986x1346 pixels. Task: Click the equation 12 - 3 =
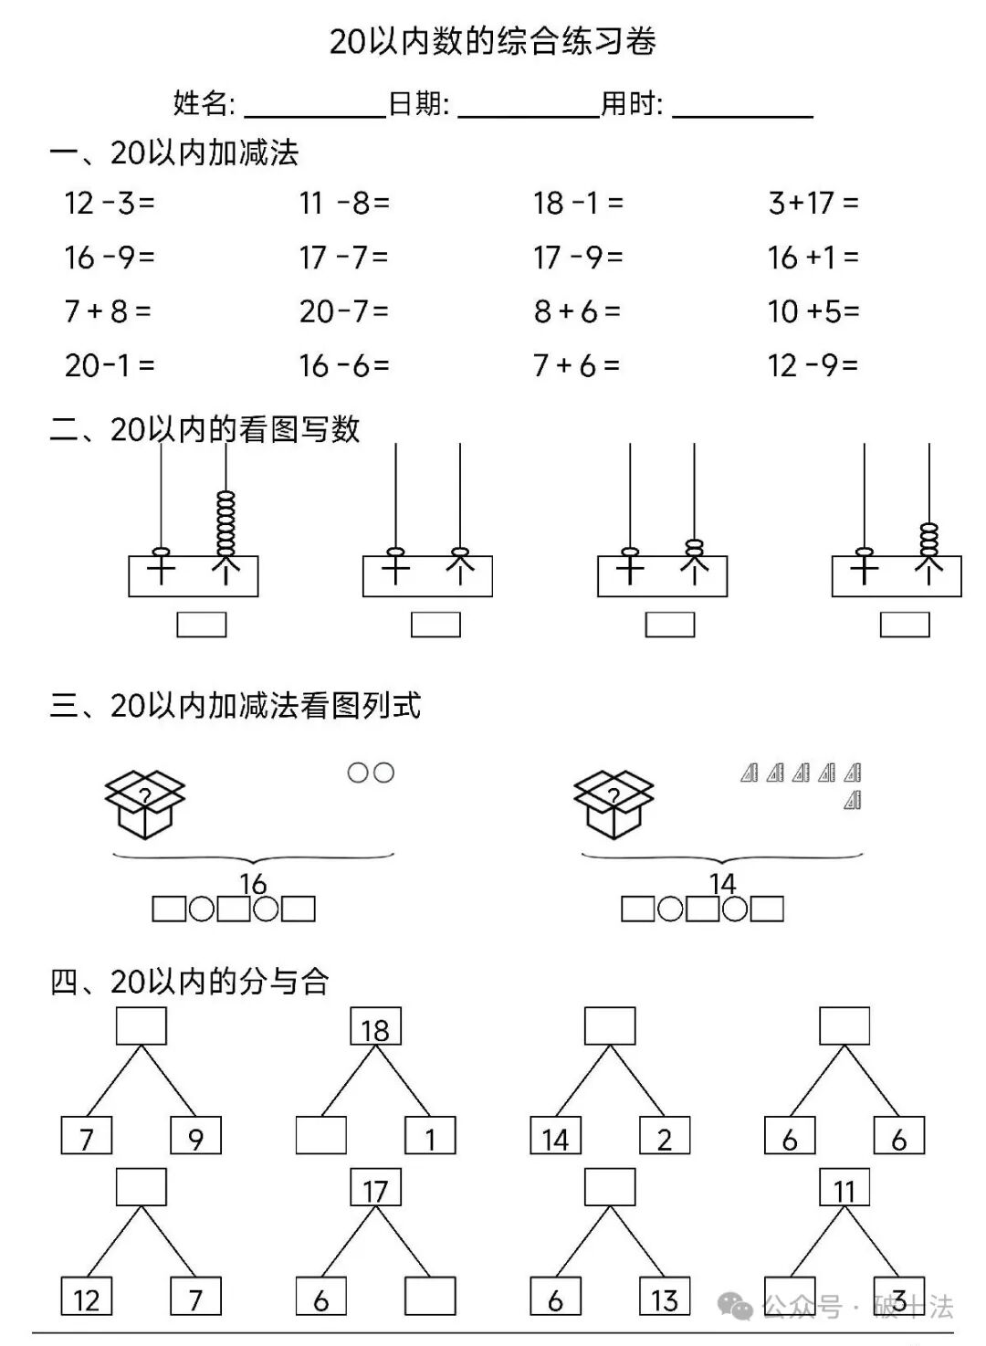(110, 203)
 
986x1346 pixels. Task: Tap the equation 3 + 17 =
(813, 203)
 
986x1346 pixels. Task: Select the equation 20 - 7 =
(344, 312)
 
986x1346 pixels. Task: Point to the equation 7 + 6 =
(577, 366)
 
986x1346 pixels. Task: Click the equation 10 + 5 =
(813, 312)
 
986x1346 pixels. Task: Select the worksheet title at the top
(493, 42)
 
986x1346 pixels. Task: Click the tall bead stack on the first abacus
(226, 522)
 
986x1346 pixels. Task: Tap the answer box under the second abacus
(435, 625)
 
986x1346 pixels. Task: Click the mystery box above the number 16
(145, 804)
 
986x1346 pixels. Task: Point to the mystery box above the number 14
(614, 804)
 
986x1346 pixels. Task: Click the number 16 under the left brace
(253, 883)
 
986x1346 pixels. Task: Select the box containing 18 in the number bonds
(375, 1027)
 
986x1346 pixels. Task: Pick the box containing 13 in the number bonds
(664, 1298)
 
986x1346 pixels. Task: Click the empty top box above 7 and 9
(142, 1026)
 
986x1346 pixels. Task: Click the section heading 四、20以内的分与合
(189, 982)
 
